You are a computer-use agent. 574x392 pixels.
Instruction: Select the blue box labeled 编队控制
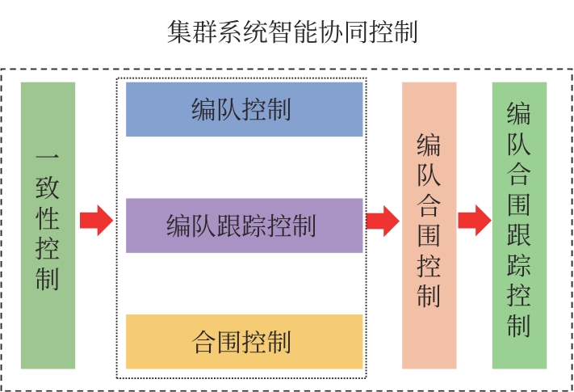(244, 109)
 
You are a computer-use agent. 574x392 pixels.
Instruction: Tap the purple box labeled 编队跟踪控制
(244, 225)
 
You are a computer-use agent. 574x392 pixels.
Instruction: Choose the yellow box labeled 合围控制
(244, 341)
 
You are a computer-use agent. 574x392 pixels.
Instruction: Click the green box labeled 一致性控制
(48, 225)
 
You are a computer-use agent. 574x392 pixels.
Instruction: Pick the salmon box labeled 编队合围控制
(429, 225)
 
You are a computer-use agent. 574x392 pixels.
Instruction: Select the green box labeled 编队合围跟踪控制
(519, 225)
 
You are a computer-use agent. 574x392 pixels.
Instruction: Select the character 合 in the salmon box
(429, 205)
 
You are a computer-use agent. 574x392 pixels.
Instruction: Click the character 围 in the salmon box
(429, 235)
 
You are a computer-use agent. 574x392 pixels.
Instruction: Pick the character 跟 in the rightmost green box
(519, 235)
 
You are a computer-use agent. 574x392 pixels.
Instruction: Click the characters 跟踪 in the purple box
(244, 226)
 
